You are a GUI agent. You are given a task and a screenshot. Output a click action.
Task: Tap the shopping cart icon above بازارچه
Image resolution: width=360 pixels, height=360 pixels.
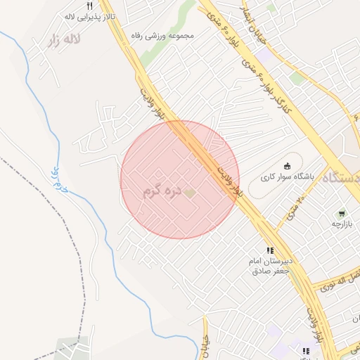342,212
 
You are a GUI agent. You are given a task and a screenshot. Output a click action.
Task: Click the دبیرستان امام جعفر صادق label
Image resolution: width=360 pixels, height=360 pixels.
273,266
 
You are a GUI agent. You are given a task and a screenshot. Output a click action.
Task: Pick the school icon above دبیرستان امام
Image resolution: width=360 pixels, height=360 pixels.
269,250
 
